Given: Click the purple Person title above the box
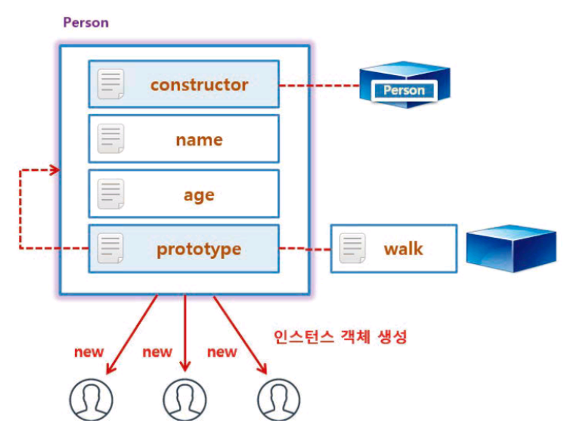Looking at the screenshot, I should (x=85, y=22).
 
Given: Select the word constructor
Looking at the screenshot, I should (x=199, y=85).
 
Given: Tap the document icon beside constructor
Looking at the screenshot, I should (x=111, y=85).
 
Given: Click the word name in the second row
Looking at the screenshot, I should (x=199, y=139).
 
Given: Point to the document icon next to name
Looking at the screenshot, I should (x=111, y=139).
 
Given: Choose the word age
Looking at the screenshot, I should (x=199, y=195).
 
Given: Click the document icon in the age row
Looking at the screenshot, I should (x=111, y=195).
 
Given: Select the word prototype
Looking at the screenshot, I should (x=199, y=249).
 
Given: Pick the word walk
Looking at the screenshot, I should (x=403, y=249).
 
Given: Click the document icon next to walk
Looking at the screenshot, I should (x=353, y=249).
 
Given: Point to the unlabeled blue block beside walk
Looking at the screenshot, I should (x=511, y=247).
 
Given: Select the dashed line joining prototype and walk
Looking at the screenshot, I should (x=305, y=249).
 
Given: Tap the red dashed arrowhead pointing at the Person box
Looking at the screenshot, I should (x=54, y=171).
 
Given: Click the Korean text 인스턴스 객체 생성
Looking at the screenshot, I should (x=339, y=337).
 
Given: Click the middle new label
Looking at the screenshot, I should (x=157, y=352).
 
